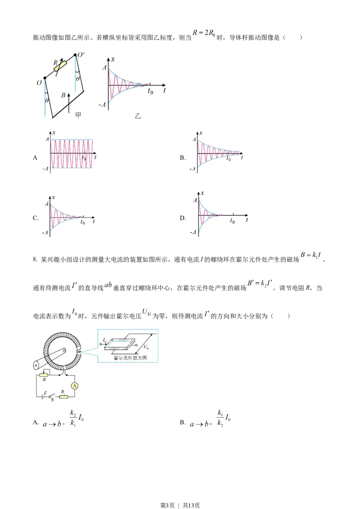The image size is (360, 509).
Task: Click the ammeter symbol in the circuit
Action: pyautogui.click(x=75, y=386)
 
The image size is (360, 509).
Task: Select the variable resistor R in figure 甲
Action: pyautogui.click(x=61, y=66)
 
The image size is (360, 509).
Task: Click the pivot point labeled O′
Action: pyautogui.click(x=76, y=55)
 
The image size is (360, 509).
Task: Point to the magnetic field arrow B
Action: pyautogui.click(x=69, y=102)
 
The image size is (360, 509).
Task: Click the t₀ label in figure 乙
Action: pyautogui.click(x=150, y=91)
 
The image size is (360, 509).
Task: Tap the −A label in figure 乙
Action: pyautogui.click(x=102, y=105)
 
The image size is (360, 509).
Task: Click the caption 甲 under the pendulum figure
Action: pyautogui.click(x=78, y=115)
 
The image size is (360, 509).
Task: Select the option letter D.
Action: pyautogui.click(x=183, y=218)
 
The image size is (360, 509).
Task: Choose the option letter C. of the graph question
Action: pyautogui.click(x=36, y=218)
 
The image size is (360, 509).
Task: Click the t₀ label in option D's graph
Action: pyautogui.click(x=232, y=221)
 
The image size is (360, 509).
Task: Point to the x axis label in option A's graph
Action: pyautogui.click(x=54, y=133)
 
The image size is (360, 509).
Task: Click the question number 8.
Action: pyautogui.click(x=35, y=260)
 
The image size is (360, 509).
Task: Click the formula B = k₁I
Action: pyautogui.click(x=311, y=255)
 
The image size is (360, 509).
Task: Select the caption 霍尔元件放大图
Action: pyautogui.click(x=130, y=358)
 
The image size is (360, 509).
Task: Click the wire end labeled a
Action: pyautogui.click(x=36, y=366)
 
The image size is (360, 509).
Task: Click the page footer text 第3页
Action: pyautogui.click(x=167, y=505)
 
